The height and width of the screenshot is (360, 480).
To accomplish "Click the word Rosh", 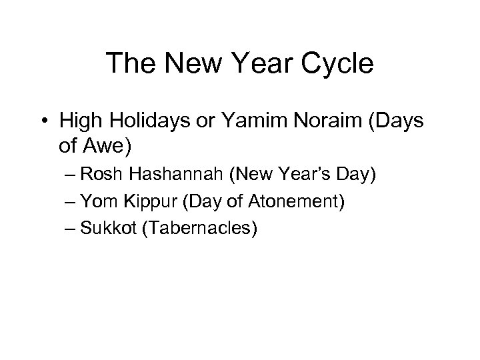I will coord(101,177).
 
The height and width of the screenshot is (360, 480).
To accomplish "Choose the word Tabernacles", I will coord(196,228).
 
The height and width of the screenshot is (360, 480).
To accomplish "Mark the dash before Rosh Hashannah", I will coord(71,177).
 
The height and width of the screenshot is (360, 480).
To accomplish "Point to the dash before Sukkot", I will coord(71,229).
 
